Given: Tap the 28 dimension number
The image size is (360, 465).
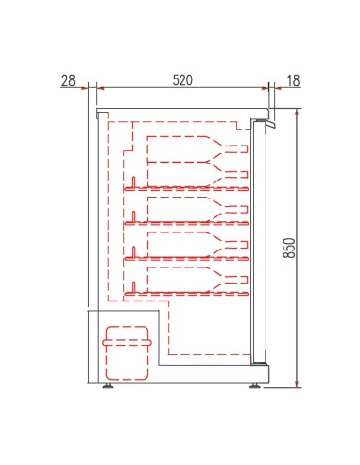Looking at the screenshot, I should [68, 80].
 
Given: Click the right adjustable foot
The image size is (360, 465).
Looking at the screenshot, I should [256, 384].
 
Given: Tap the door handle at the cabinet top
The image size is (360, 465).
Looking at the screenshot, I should [266, 124].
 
